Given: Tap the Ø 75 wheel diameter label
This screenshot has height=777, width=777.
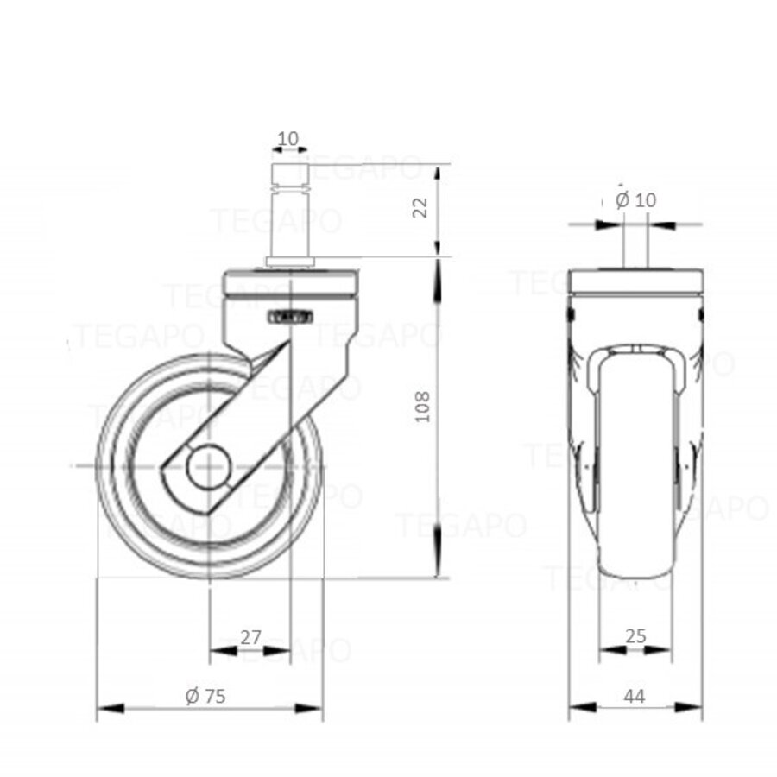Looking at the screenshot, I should pyautogui.click(x=205, y=696).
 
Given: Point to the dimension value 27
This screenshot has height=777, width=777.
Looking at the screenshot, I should pyautogui.click(x=250, y=638).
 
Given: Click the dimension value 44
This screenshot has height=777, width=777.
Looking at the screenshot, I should pyautogui.click(x=635, y=697).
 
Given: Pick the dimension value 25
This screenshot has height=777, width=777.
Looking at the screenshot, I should pyautogui.click(x=635, y=637).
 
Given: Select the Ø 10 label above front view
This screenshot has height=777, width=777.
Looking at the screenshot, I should pyautogui.click(x=636, y=200).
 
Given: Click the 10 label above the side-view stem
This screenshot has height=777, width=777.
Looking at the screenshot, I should pyautogui.click(x=288, y=139).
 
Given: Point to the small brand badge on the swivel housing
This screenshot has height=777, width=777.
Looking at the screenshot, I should pyautogui.click(x=290, y=318).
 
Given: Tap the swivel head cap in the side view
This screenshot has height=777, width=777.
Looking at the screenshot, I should pyautogui.click(x=290, y=283).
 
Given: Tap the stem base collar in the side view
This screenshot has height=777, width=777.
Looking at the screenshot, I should pyautogui.click(x=289, y=260).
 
